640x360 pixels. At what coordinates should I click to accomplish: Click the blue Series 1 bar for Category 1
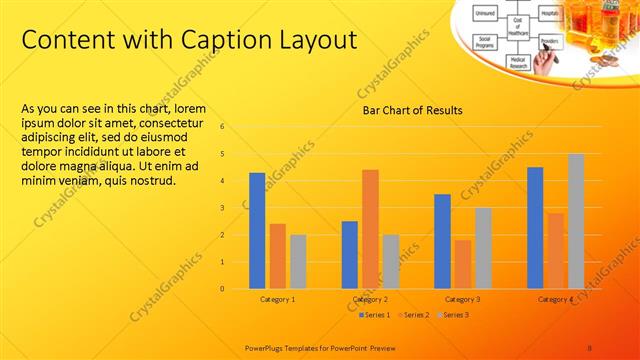[x=257, y=231]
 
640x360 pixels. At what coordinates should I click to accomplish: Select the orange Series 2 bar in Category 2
[x=370, y=229]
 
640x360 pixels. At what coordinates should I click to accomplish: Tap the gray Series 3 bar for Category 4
[x=576, y=221]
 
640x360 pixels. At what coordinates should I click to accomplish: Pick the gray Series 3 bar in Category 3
[x=483, y=248]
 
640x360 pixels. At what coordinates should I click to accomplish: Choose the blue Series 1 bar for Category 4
[x=535, y=228]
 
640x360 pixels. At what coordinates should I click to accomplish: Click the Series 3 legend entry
[x=455, y=315]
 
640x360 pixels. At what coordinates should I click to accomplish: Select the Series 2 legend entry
[x=417, y=315]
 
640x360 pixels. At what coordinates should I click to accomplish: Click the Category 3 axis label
[x=462, y=299]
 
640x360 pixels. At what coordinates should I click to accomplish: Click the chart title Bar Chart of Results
[x=412, y=110]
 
